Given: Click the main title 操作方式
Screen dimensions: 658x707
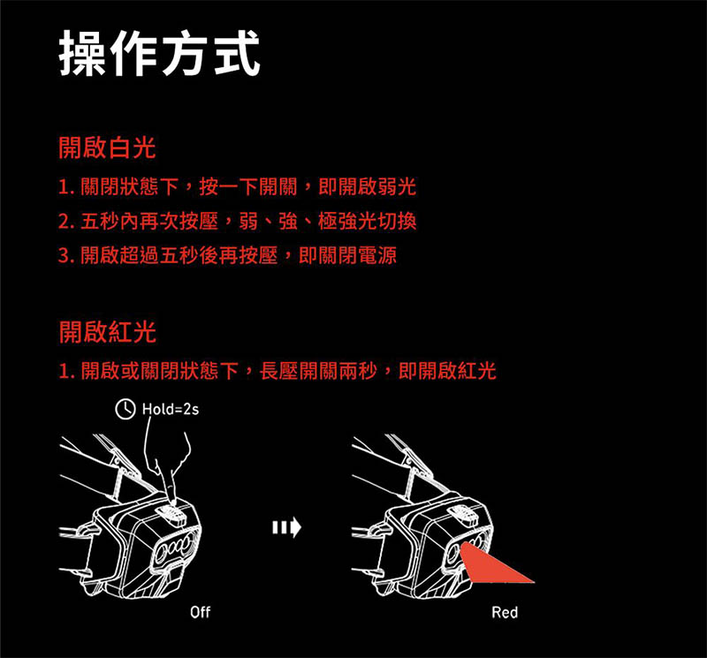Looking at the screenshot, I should coord(160,53).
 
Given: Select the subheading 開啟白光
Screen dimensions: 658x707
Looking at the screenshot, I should coord(107,148).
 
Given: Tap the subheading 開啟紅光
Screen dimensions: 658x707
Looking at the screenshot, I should coord(107,332).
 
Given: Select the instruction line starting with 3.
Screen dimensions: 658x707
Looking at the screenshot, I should coord(225,256).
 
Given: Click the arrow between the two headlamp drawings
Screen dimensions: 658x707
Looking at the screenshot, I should coord(286,528).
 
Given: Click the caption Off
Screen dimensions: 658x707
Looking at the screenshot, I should coord(201,612).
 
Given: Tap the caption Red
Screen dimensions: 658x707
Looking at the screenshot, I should coord(506,612).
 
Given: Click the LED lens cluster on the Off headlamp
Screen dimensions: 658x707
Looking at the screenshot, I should coord(175,553).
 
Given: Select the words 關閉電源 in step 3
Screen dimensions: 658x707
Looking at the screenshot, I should coord(358,256).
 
